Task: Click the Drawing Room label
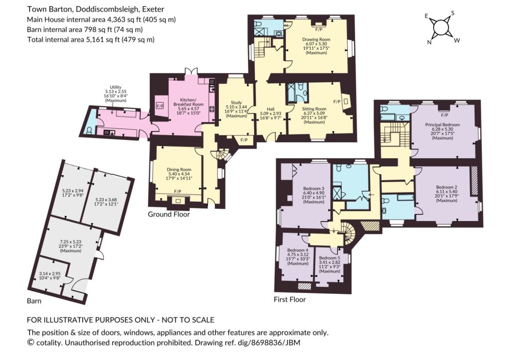(x=316, y=39)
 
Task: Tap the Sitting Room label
(x=314, y=109)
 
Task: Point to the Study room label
(x=237, y=103)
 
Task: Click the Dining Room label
(x=179, y=169)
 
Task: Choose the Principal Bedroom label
(x=442, y=124)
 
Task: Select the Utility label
(x=116, y=87)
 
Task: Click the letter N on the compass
(x=429, y=42)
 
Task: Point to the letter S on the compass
(x=452, y=13)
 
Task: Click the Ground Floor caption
(x=169, y=214)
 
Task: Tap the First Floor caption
(x=290, y=299)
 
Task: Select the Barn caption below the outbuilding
(x=34, y=301)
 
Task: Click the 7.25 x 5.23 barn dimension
(x=71, y=241)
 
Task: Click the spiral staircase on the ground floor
(x=222, y=154)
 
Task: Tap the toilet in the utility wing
(x=90, y=130)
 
